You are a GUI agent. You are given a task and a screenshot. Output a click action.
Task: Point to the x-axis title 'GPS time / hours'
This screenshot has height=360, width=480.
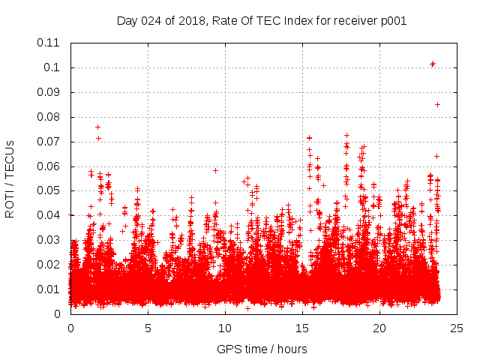(x=262, y=349)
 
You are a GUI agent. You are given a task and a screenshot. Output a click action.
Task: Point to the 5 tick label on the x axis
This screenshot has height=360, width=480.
(x=148, y=328)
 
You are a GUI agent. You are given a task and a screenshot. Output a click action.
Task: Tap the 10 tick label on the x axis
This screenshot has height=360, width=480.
(x=226, y=328)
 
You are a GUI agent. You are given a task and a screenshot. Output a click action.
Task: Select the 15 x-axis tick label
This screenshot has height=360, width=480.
(x=303, y=328)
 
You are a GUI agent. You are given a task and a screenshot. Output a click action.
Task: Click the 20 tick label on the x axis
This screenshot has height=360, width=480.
(x=380, y=328)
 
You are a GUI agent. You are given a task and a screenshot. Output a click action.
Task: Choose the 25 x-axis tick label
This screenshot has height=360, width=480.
(x=457, y=328)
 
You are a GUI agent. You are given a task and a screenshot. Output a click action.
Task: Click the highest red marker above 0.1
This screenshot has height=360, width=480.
(x=433, y=64)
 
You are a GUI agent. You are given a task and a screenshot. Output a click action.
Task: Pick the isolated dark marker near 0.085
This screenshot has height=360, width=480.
(x=437, y=104)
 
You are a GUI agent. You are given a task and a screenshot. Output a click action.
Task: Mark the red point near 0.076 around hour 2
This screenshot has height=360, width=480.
(x=97, y=127)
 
